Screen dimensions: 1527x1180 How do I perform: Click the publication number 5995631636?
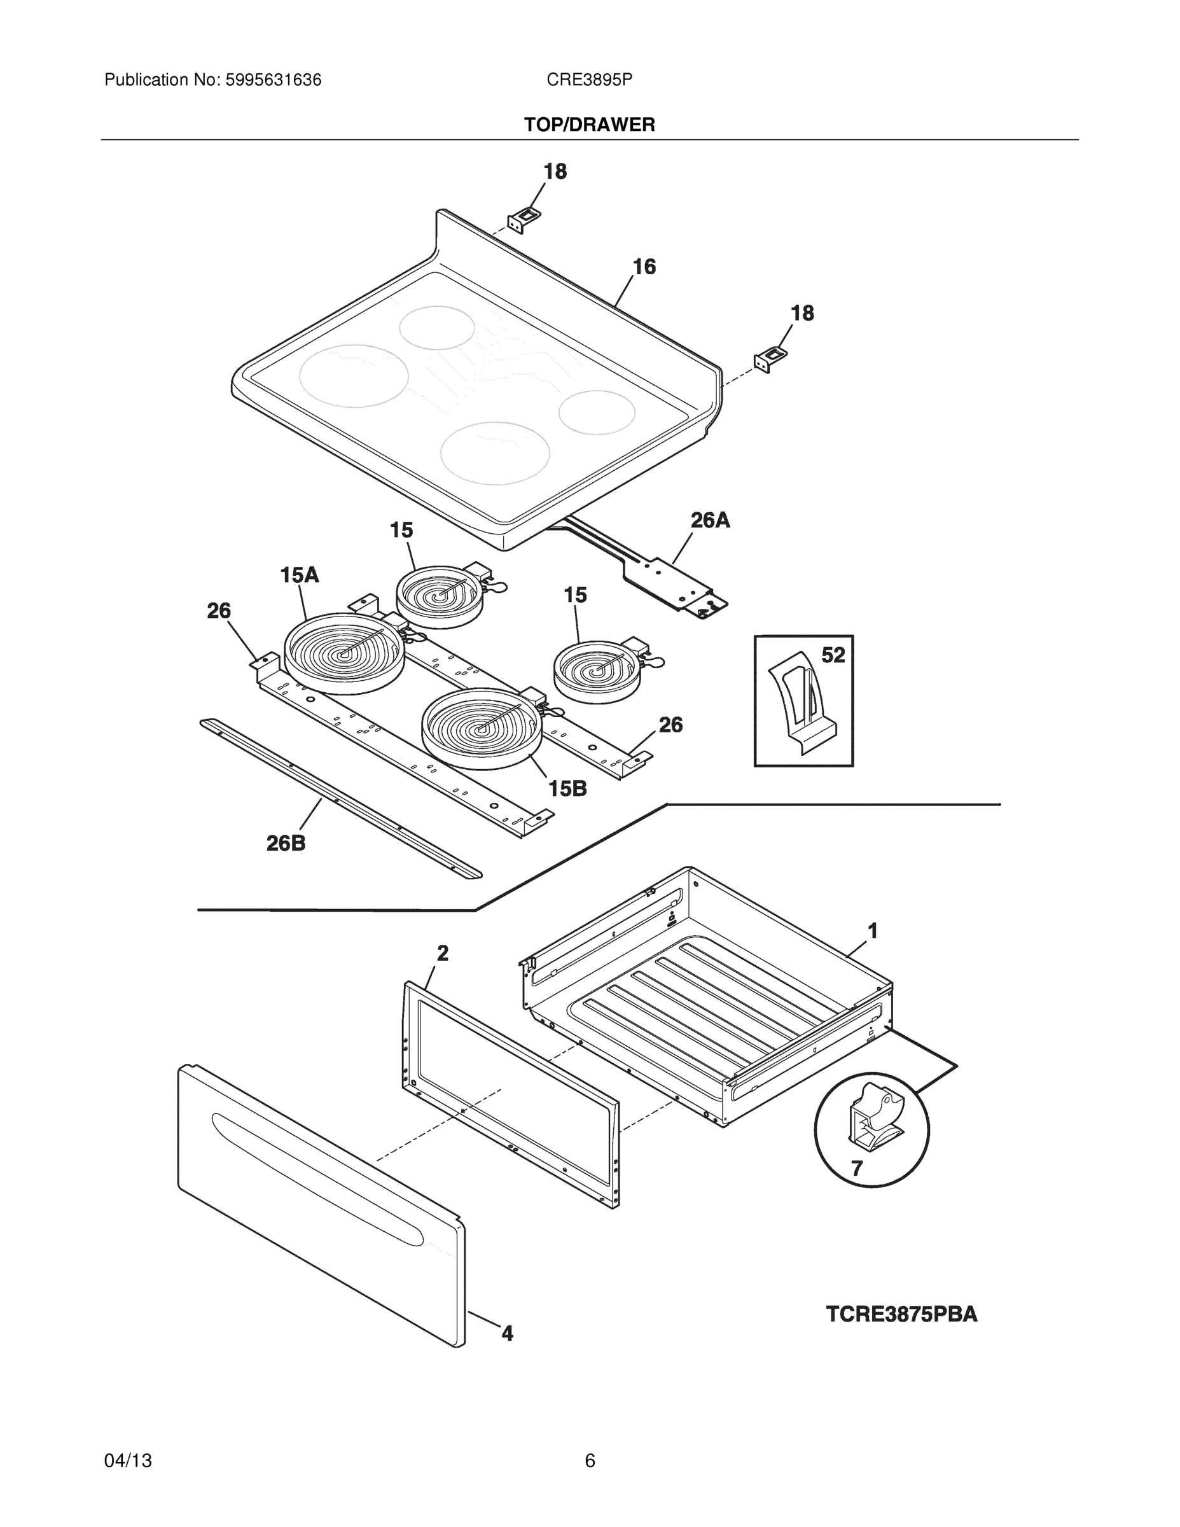coord(273,80)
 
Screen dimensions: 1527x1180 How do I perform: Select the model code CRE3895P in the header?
coord(589,80)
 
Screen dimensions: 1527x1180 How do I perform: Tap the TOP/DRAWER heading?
coord(589,125)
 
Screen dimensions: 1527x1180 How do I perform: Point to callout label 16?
coord(644,267)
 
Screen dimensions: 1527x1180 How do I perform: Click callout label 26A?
coord(711,520)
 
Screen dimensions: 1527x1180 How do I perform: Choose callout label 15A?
coord(299,575)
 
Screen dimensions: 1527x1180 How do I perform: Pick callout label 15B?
coord(567,789)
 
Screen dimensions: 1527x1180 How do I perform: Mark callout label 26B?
coord(286,843)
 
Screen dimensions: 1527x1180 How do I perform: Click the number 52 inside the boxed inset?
coord(833,655)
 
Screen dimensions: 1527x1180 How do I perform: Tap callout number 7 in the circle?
coord(856,1168)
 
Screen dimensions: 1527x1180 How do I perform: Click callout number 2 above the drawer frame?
coord(443,953)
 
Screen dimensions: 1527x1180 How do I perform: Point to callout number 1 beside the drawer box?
coord(872,931)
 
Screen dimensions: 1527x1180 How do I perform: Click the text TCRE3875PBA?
coord(902,1314)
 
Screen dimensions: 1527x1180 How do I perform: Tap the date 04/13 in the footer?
coord(128,1461)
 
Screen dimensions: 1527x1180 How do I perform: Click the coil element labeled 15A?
coord(344,653)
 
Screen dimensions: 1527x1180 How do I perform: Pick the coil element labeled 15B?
coord(482,728)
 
